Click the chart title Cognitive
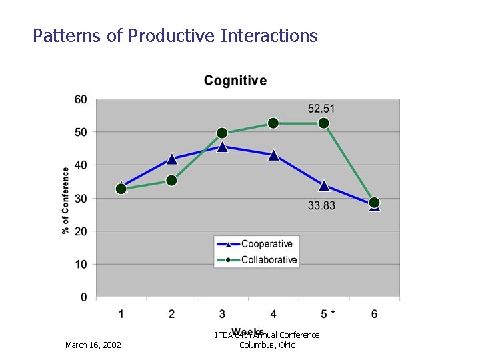tap(235, 81)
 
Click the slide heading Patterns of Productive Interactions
tap(175, 35)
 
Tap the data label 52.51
tap(321, 108)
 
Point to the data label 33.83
tap(321, 205)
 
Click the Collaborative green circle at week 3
tap(222, 133)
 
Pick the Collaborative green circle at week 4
tap(273, 123)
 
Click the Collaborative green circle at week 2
tap(171, 180)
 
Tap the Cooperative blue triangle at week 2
tap(171, 159)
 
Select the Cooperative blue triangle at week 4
tap(273, 155)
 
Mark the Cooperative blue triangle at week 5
tap(324, 185)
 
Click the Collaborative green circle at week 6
tap(374, 203)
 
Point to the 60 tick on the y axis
tap(81, 99)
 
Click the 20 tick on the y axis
tap(81, 231)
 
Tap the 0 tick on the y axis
tap(84, 297)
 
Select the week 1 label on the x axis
tap(121, 313)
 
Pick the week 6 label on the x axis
tap(374, 313)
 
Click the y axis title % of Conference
tap(65, 200)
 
